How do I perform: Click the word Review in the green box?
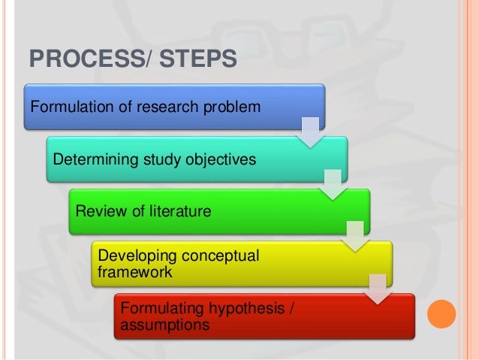pyautogui.click(x=98, y=211)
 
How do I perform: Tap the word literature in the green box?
pyautogui.click(x=173, y=211)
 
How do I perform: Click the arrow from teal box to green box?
pyautogui.click(x=332, y=183)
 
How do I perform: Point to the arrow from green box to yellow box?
pyautogui.click(x=354, y=236)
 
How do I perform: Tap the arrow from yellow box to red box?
pyautogui.click(x=377, y=289)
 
